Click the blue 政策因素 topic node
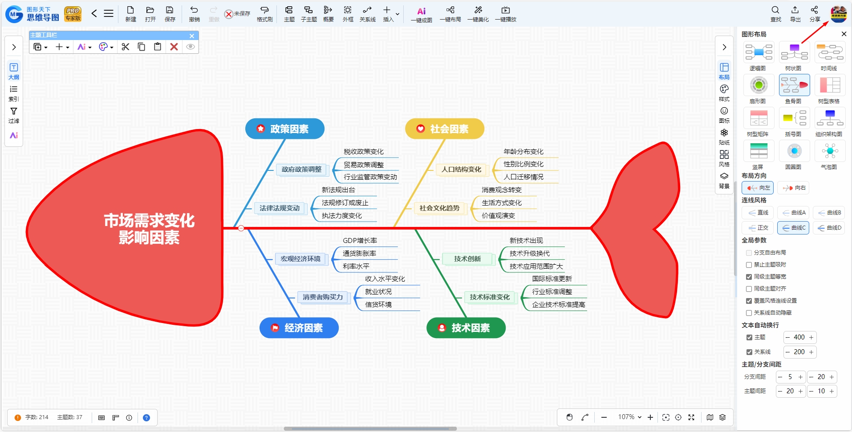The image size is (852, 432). coord(285,129)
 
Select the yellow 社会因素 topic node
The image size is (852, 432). coord(445,129)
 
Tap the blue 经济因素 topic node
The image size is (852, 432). coord(299,328)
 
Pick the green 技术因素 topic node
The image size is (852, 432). coord(466,328)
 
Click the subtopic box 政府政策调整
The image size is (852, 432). coord(301,170)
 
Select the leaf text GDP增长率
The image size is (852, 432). coord(360,241)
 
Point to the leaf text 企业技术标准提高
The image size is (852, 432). coord(559,305)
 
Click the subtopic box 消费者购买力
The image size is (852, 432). coord(323,297)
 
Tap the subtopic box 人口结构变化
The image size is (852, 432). coord(461,170)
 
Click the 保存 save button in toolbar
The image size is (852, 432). coord(170,14)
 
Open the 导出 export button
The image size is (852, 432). coord(795,14)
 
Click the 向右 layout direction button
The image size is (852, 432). coord(793,188)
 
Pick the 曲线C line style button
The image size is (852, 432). coord(793,228)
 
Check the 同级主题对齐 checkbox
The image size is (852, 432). coord(749,289)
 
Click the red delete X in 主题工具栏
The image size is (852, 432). coord(174,47)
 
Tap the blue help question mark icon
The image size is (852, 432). coord(146,418)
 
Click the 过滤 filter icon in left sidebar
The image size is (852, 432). coord(14,115)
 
